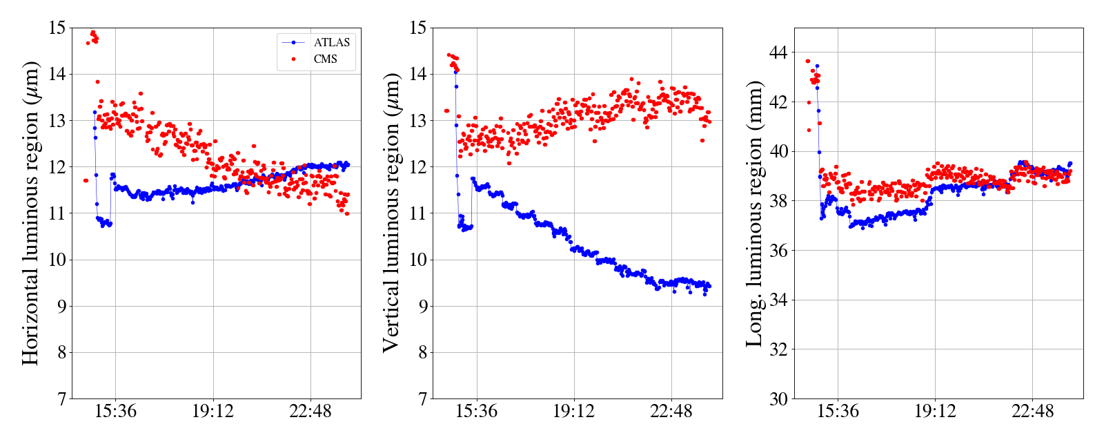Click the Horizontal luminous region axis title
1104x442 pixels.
31,213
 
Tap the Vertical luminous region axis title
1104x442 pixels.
391,213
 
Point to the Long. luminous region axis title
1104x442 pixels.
754,213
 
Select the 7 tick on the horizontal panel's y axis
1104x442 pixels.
62,398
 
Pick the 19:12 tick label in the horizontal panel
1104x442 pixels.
213,412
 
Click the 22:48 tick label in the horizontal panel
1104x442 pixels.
310,412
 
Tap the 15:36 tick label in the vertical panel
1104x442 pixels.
476,412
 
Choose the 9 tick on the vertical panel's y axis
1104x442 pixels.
423,306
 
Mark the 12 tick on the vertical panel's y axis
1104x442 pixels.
418,166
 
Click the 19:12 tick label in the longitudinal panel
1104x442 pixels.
935,412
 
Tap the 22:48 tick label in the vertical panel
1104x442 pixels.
671,412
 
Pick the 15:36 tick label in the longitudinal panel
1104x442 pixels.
838,412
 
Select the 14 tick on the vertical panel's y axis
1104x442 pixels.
418,74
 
